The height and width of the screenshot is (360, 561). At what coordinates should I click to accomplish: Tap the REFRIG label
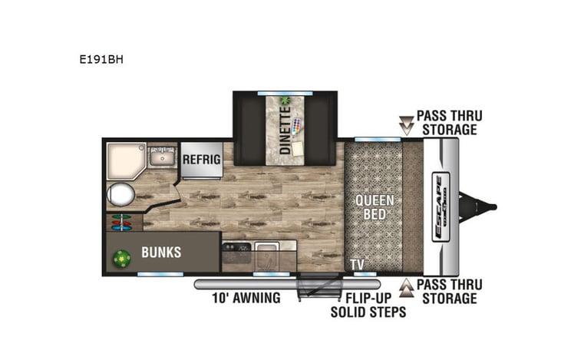tap(201, 159)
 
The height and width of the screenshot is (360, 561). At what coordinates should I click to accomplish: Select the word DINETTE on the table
tap(285, 132)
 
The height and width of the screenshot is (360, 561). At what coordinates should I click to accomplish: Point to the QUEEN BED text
tap(375, 207)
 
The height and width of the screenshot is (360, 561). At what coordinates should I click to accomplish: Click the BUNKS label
tap(161, 252)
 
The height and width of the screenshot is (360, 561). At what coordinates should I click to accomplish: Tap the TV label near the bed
tap(357, 265)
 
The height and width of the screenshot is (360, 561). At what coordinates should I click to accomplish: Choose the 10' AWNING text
tap(246, 297)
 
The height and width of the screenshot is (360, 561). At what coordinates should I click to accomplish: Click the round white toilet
tap(120, 195)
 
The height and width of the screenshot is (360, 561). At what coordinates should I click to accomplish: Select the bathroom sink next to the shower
tap(162, 157)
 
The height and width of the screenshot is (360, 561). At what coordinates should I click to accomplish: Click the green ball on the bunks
tap(121, 259)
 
